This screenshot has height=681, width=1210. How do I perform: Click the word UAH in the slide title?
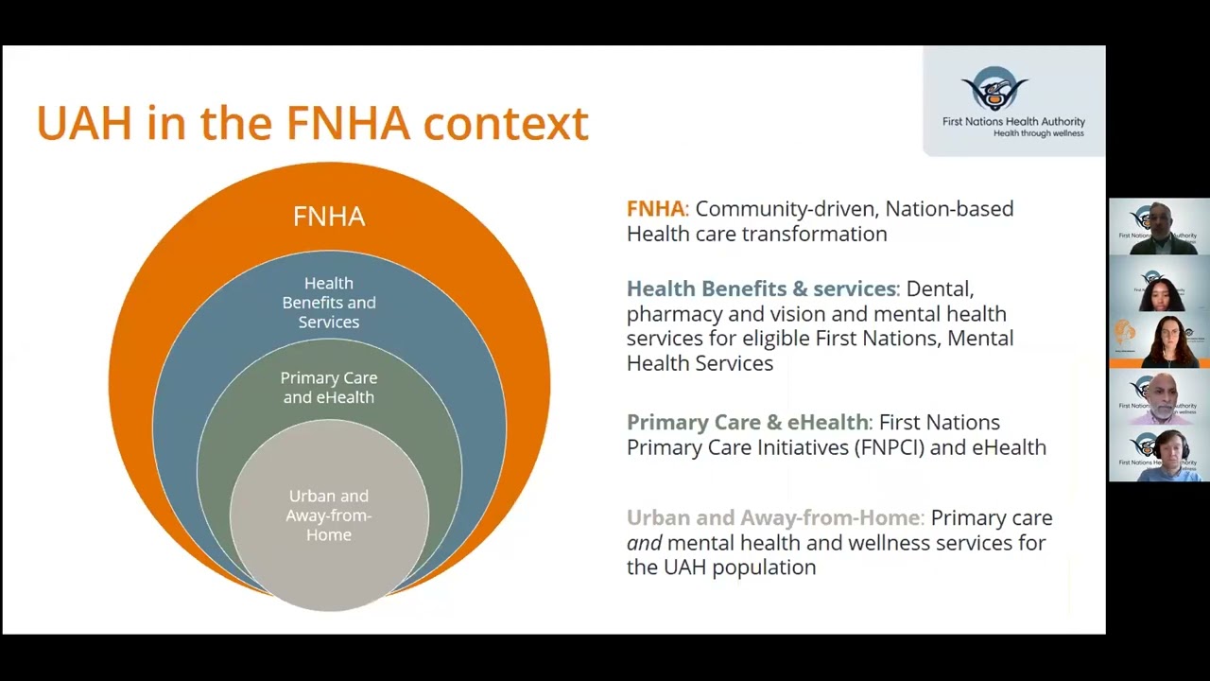pyautogui.click(x=84, y=124)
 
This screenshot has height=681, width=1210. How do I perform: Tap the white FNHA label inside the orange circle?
pyautogui.click(x=329, y=217)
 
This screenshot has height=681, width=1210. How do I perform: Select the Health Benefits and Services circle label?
pyautogui.click(x=329, y=303)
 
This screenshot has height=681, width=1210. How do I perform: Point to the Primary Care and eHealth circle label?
pyautogui.click(x=329, y=388)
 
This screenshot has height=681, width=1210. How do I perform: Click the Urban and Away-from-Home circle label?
pyautogui.click(x=329, y=515)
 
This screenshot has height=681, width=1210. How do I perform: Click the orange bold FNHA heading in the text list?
pyautogui.click(x=655, y=209)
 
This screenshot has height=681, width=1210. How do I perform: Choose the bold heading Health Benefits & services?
pyautogui.click(x=761, y=288)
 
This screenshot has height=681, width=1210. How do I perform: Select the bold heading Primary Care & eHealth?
pyautogui.click(x=747, y=423)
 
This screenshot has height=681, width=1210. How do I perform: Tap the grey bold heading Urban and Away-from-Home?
pyautogui.click(x=773, y=518)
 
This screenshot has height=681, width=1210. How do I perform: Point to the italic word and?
pyautogui.click(x=644, y=543)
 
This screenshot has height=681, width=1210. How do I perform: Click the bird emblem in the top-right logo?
pyautogui.click(x=994, y=89)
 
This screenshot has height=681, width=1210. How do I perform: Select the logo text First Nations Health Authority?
pyautogui.click(x=1013, y=121)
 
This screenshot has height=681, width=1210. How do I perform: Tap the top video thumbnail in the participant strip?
pyautogui.click(x=1159, y=227)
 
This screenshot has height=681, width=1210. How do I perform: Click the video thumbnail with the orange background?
pyautogui.click(x=1159, y=340)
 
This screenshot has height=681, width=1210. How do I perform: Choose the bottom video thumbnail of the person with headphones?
pyautogui.click(x=1159, y=454)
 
